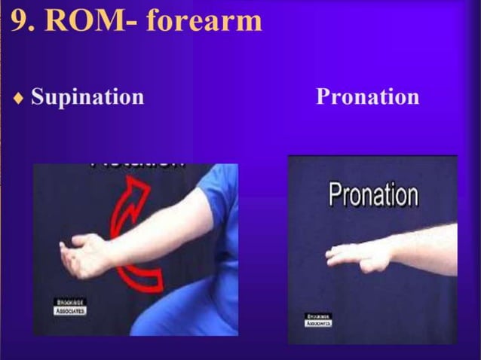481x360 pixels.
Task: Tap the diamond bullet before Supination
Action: point(19,98)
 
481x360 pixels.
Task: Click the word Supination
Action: point(87,97)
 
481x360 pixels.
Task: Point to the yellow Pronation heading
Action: point(367,97)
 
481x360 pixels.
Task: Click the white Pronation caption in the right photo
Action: point(372,194)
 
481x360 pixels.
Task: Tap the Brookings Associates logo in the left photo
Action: point(70,306)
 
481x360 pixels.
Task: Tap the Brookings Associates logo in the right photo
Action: point(318,319)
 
